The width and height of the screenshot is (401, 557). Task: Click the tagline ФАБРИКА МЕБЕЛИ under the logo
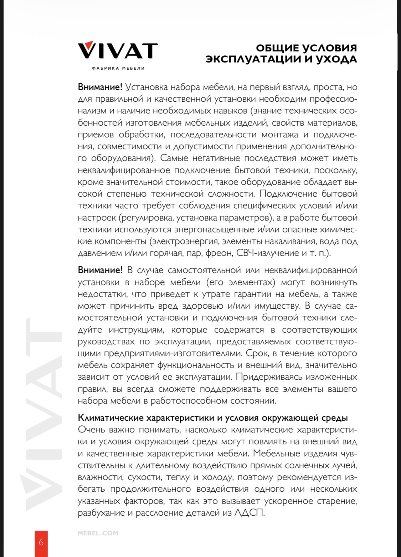[x=118, y=68]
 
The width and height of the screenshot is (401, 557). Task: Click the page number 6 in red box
[x=41, y=542]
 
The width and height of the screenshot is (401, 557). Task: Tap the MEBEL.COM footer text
[x=98, y=533]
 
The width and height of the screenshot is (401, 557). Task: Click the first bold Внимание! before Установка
[x=100, y=87]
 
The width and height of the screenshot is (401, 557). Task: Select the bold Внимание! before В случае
[x=100, y=270]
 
